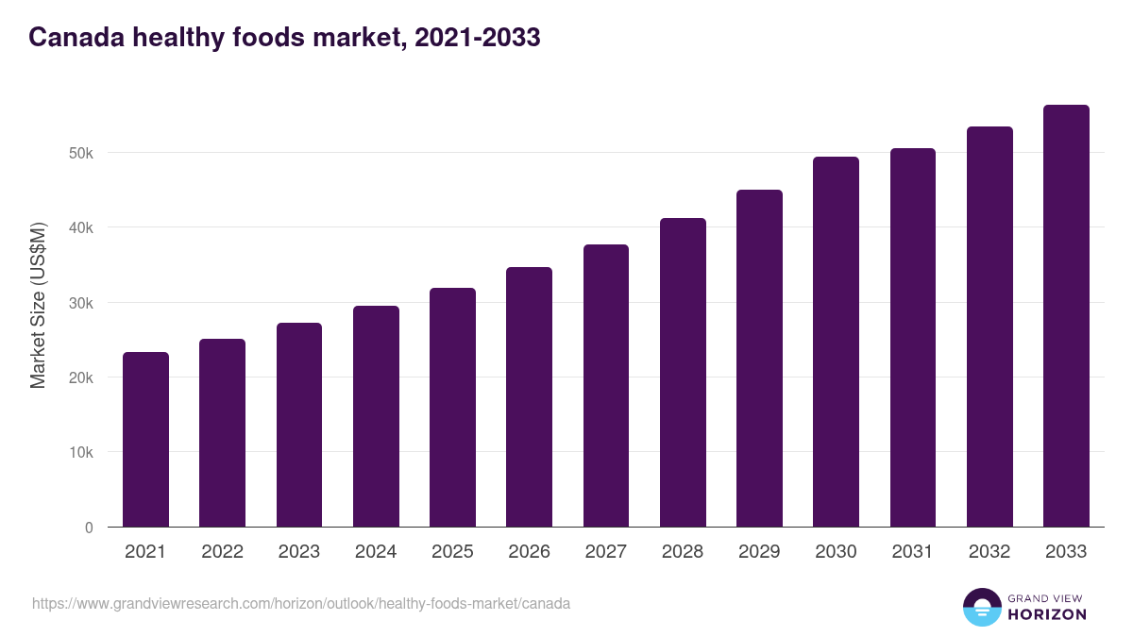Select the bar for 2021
[145, 440]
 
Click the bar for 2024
[376, 416]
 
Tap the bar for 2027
[606, 386]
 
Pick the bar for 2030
[836, 342]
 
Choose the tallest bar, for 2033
[1066, 316]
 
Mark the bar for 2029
[759, 359]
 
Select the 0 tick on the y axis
[89, 528]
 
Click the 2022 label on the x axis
[222, 552]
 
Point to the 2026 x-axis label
[529, 552]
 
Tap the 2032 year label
[989, 552]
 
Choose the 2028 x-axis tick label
[683, 552]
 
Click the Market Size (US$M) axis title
[38, 305]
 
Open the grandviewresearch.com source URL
[301, 603]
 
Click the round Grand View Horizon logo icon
[981, 607]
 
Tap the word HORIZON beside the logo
[1047, 614]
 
